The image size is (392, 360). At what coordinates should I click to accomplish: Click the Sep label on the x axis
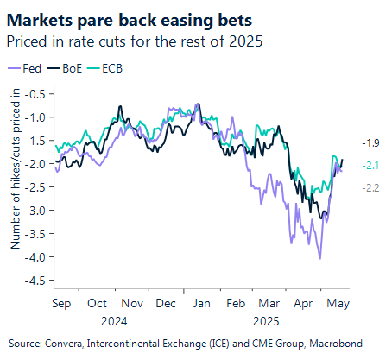pyautogui.click(x=61, y=304)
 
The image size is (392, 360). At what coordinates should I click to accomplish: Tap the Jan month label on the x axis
pyautogui.click(x=199, y=304)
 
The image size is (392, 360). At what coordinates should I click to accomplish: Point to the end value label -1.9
pyautogui.click(x=370, y=142)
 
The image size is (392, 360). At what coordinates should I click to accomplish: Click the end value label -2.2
pyautogui.click(x=370, y=187)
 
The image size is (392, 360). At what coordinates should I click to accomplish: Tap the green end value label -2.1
pyautogui.click(x=370, y=165)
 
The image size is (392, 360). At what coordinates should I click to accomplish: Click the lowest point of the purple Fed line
pyautogui.click(x=320, y=257)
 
